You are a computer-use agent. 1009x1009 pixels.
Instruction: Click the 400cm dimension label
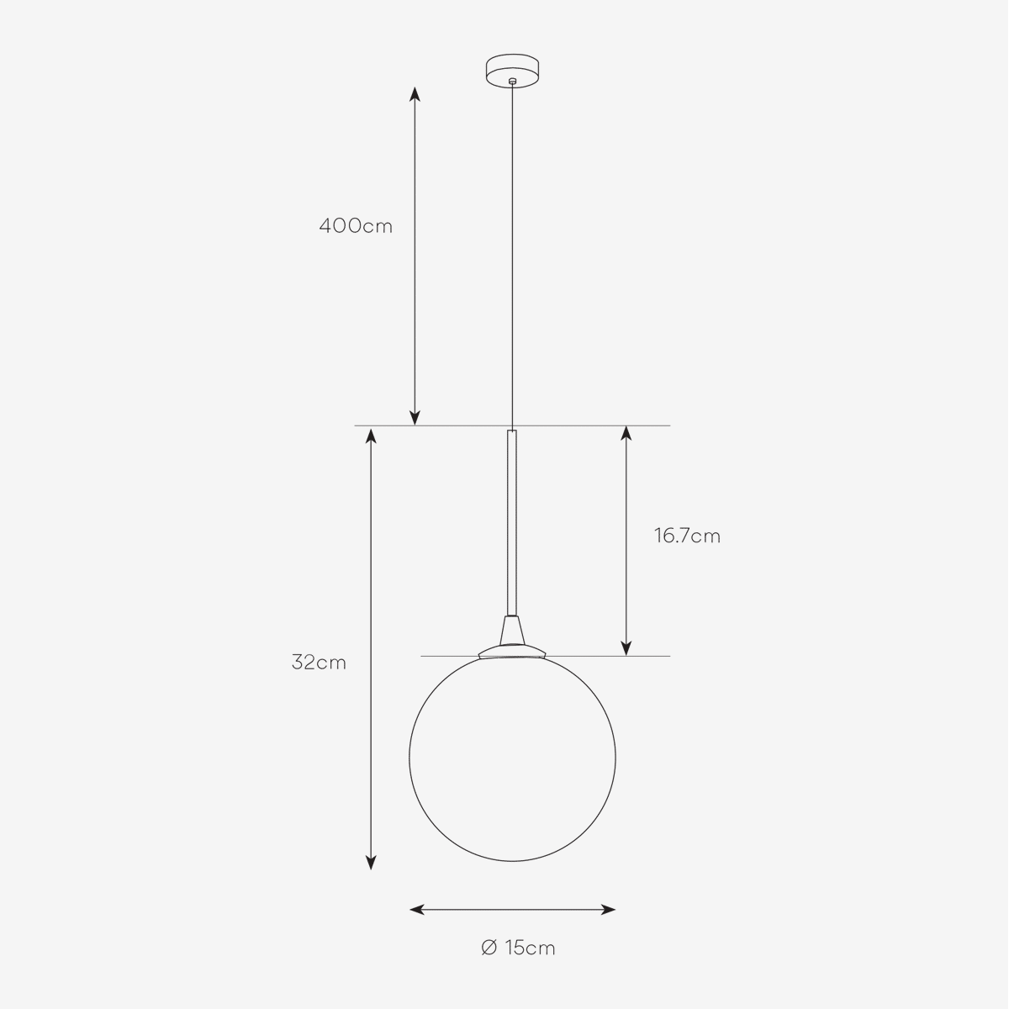[x=356, y=226]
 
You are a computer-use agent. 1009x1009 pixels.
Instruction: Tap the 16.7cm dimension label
[x=687, y=536]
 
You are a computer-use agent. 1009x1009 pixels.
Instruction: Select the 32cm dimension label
[x=319, y=663]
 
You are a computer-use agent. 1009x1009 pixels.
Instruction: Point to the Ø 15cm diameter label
[x=518, y=948]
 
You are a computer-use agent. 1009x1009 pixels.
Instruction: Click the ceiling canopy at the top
[x=513, y=70]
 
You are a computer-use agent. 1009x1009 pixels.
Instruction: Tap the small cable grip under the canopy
[x=513, y=81]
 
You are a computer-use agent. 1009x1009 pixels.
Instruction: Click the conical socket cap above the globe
[x=512, y=630]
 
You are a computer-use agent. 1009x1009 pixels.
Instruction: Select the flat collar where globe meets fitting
[x=512, y=652]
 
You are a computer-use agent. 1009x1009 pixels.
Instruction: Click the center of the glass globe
[x=512, y=757]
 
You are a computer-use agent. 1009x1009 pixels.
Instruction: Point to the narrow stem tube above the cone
[x=512, y=522]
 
